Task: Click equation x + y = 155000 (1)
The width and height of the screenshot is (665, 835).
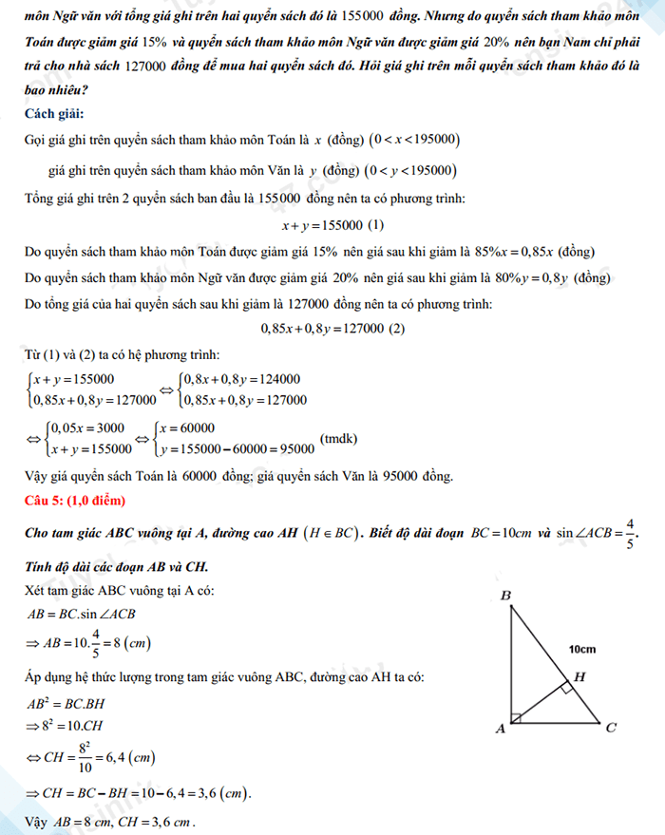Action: pos(332,225)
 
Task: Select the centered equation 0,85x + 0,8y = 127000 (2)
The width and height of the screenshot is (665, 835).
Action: pos(332,329)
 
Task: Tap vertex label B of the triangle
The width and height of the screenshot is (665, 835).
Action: pos(506,596)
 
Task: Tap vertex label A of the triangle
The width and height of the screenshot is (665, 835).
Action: pos(500,729)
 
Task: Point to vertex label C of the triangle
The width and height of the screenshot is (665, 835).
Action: pos(612,729)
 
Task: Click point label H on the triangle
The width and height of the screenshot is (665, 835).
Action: pos(580,677)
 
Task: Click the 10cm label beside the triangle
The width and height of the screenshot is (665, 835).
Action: pos(582,650)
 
